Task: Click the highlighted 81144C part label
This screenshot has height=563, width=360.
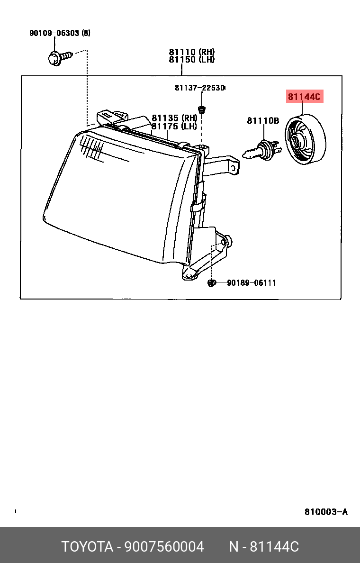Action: point(304,97)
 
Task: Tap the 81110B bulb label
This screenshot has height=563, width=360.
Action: point(263,121)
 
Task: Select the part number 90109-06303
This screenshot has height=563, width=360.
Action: point(54,33)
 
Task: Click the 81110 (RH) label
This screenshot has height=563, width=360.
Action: point(192,52)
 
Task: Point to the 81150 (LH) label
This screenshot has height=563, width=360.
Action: point(192,60)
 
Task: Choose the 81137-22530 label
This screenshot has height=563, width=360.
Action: point(199,88)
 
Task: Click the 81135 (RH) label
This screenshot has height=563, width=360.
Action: point(174,118)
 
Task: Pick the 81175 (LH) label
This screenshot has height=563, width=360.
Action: point(174,126)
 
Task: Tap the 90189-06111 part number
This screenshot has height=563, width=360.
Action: point(251,283)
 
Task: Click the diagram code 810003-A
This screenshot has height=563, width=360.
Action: point(326,512)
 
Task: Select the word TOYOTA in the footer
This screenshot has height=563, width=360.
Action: point(87,547)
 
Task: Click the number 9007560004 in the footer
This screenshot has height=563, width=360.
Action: point(164,547)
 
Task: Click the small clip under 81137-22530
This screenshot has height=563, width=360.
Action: point(202,110)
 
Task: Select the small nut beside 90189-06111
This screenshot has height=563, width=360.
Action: point(212,283)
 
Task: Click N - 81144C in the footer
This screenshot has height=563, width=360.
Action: point(264,547)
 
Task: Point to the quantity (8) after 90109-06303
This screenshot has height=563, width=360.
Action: point(86,33)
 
